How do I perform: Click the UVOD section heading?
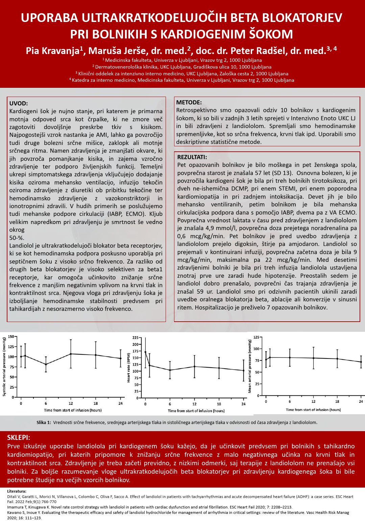point(19,103)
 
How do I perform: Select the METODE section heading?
point(189,102)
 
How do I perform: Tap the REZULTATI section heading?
point(192,157)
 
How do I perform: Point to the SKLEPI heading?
point(19,438)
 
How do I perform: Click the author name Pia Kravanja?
point(53,51)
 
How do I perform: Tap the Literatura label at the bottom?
point(17,491)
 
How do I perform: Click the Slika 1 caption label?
point(44,422)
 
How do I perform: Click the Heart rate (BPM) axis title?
point(128,368)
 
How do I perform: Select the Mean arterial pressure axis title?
point(250,366)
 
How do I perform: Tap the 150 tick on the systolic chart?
point(11,337)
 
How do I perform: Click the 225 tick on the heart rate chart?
point(136,338)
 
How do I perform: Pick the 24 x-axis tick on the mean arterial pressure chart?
point(361,401)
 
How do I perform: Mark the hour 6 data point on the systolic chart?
point(46,364)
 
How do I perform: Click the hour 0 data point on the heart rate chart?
point(145,352)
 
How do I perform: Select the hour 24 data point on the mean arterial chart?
point(361,362)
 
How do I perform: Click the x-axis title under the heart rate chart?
point(196,411)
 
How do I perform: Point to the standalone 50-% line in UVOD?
point(17,238)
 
